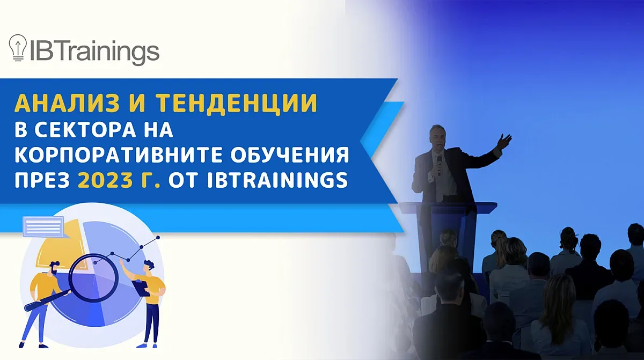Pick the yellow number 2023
[x=105, y=181]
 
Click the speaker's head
[x=438, y=137]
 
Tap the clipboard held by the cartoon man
[x=142, y=288]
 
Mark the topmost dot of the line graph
[x=157, y=237]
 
